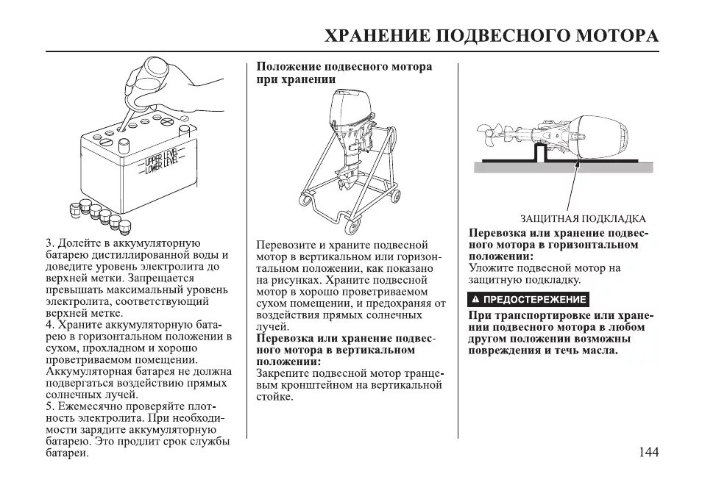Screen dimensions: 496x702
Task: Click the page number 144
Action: point(648,452)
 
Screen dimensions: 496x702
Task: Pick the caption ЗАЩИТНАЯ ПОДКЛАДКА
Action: point(583,218)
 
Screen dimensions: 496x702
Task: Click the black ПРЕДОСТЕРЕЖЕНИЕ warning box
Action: point(529,299)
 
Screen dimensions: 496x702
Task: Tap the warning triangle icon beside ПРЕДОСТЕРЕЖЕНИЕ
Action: point(476,299)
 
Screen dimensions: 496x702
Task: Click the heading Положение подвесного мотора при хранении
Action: point(344,73)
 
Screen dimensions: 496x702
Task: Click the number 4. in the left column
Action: point(50,324)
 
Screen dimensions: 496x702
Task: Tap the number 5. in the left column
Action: point(50,406)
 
